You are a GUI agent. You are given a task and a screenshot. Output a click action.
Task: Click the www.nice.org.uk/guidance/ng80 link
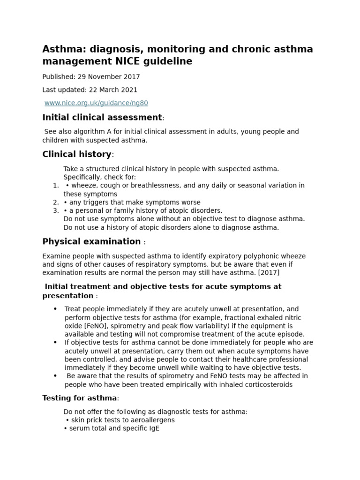96,103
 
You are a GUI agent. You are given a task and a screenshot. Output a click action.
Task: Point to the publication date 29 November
107,77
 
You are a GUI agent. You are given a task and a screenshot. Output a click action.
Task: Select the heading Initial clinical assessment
102,117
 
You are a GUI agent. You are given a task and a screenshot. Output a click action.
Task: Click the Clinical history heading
77,154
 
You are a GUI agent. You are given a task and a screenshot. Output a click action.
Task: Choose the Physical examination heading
91,241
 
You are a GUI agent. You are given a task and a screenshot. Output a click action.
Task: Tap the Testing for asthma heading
79,398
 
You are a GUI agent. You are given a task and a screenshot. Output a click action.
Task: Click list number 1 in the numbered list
55,186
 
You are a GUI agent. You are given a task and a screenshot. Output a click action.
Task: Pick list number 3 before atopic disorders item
55,211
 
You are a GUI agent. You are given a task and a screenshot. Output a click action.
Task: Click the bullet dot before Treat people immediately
55,309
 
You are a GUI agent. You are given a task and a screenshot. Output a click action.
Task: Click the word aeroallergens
152,420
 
